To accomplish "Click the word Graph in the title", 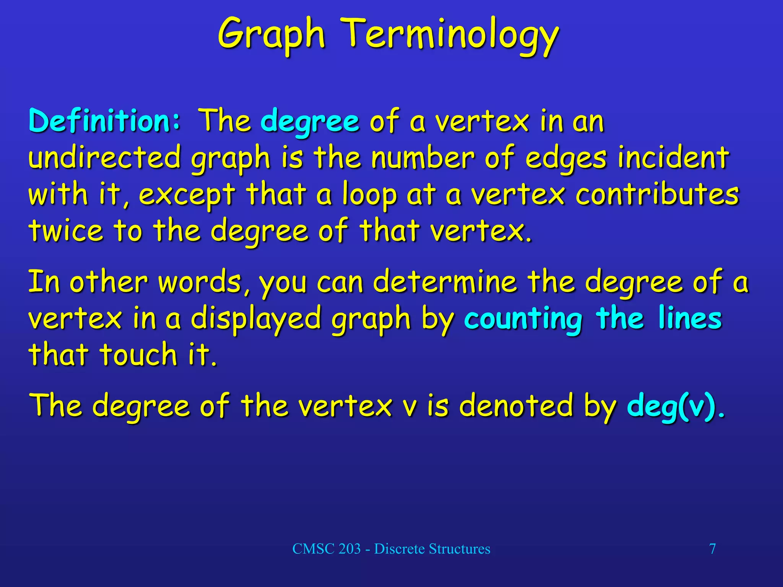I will tap(271, 35).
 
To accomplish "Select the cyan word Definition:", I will tap(104, 121).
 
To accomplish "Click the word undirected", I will tap(104, 158).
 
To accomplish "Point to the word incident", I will tap(673, 158).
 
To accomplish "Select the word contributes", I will tap(657, 194).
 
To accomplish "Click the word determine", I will tap(445, 282).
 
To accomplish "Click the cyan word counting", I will tap(523, 319).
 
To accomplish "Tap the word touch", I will tap(138, 354).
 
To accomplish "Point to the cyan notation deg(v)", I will tap(671, 406).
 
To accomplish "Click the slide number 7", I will tap(712, 549).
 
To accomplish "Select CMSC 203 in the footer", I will tap(326, 549).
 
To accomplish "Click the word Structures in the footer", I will tap(459, 549).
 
